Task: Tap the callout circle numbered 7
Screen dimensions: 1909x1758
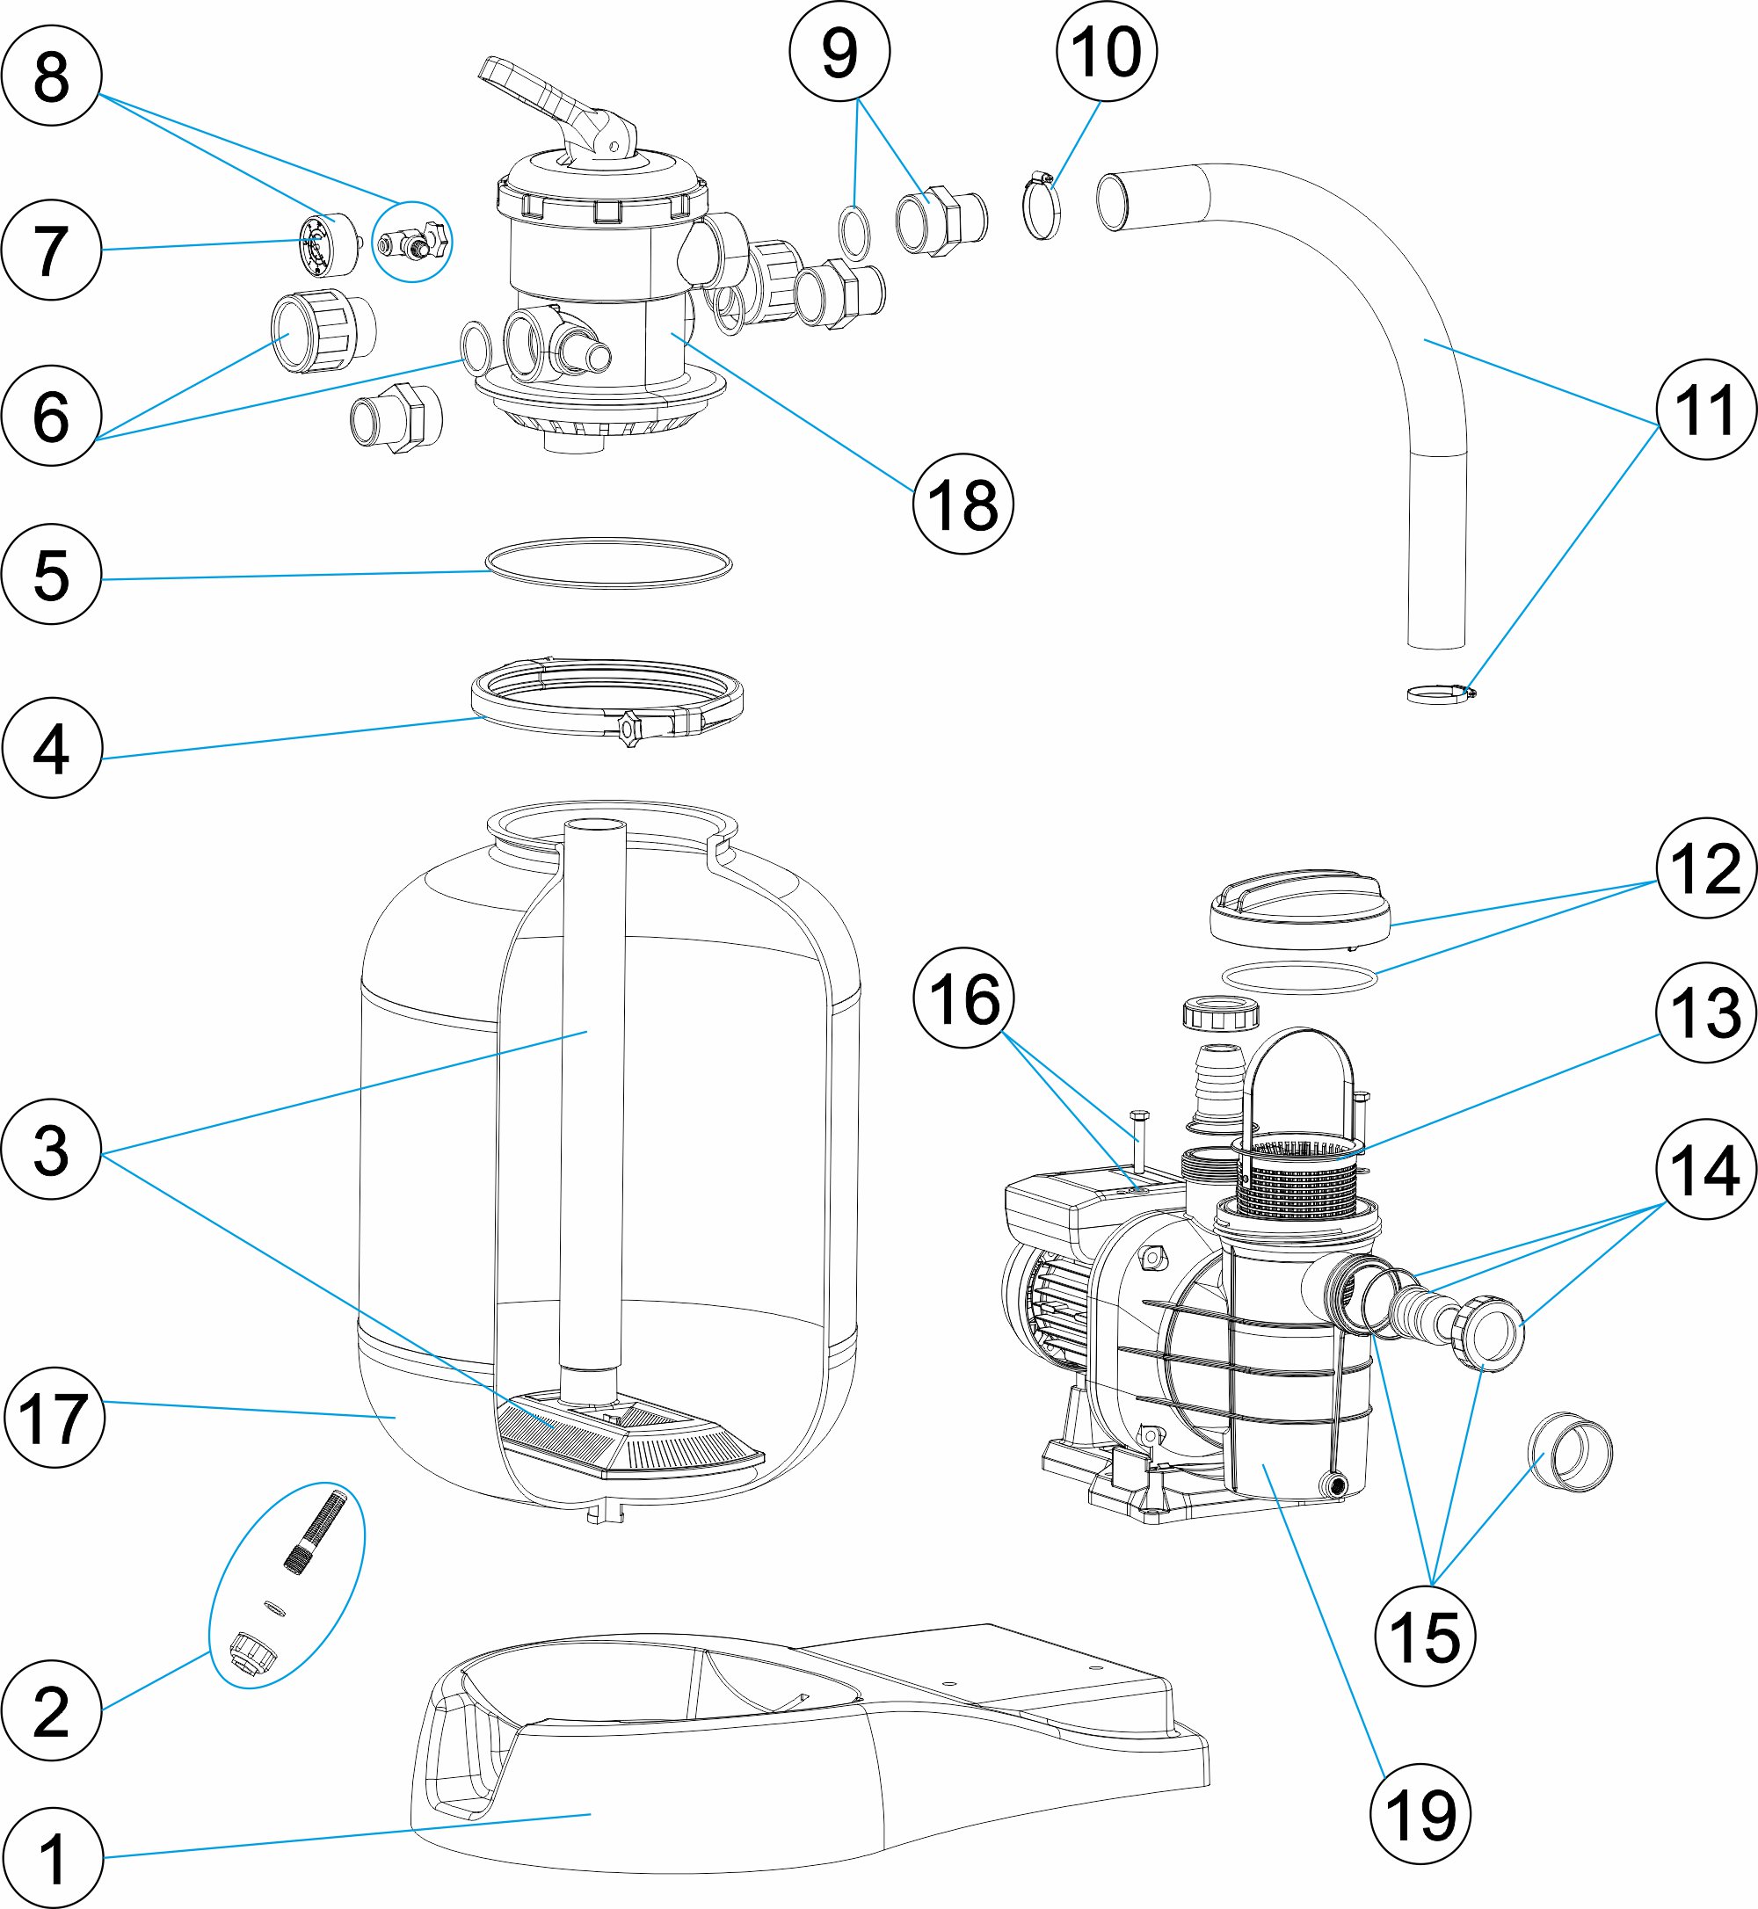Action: [x=51, y=250]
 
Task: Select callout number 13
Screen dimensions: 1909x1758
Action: [x=1705, y=1012]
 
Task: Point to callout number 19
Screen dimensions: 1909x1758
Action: [x=1420, y=1814]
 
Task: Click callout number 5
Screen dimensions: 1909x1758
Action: [x=51, y=574]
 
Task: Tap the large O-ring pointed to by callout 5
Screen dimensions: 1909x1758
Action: [x=609, y=563]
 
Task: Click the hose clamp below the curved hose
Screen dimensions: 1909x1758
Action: [x=1439, y=693]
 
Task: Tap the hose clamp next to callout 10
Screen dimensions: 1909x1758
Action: [x=1042, y=205]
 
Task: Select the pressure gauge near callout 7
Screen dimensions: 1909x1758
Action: [x=329, y=243]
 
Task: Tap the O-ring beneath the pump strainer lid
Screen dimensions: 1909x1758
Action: [x=1299, y=976]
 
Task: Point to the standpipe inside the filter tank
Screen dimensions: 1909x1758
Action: [x=592, y=1094]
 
